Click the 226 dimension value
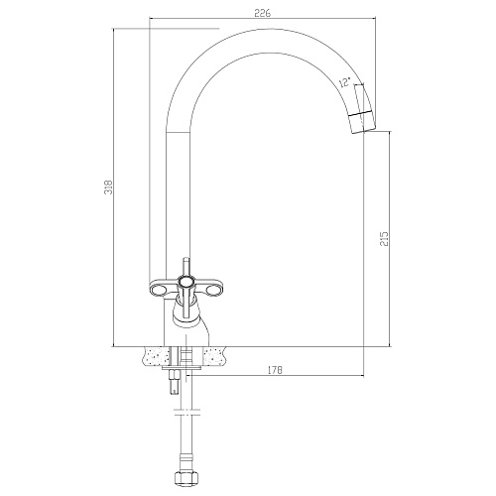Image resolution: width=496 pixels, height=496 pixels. click(x=262, y=13)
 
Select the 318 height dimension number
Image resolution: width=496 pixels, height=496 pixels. click(x=109, y=187)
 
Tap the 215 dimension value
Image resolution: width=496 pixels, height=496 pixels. click(x=384, y=239)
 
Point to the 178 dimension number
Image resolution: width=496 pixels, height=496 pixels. click(x=275, y=370)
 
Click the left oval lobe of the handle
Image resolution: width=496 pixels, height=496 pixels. click(x=158, y=291)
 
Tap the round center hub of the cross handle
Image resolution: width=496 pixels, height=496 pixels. click(x=186, y=282)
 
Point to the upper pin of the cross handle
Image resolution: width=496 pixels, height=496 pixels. click(x=186, y=267)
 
